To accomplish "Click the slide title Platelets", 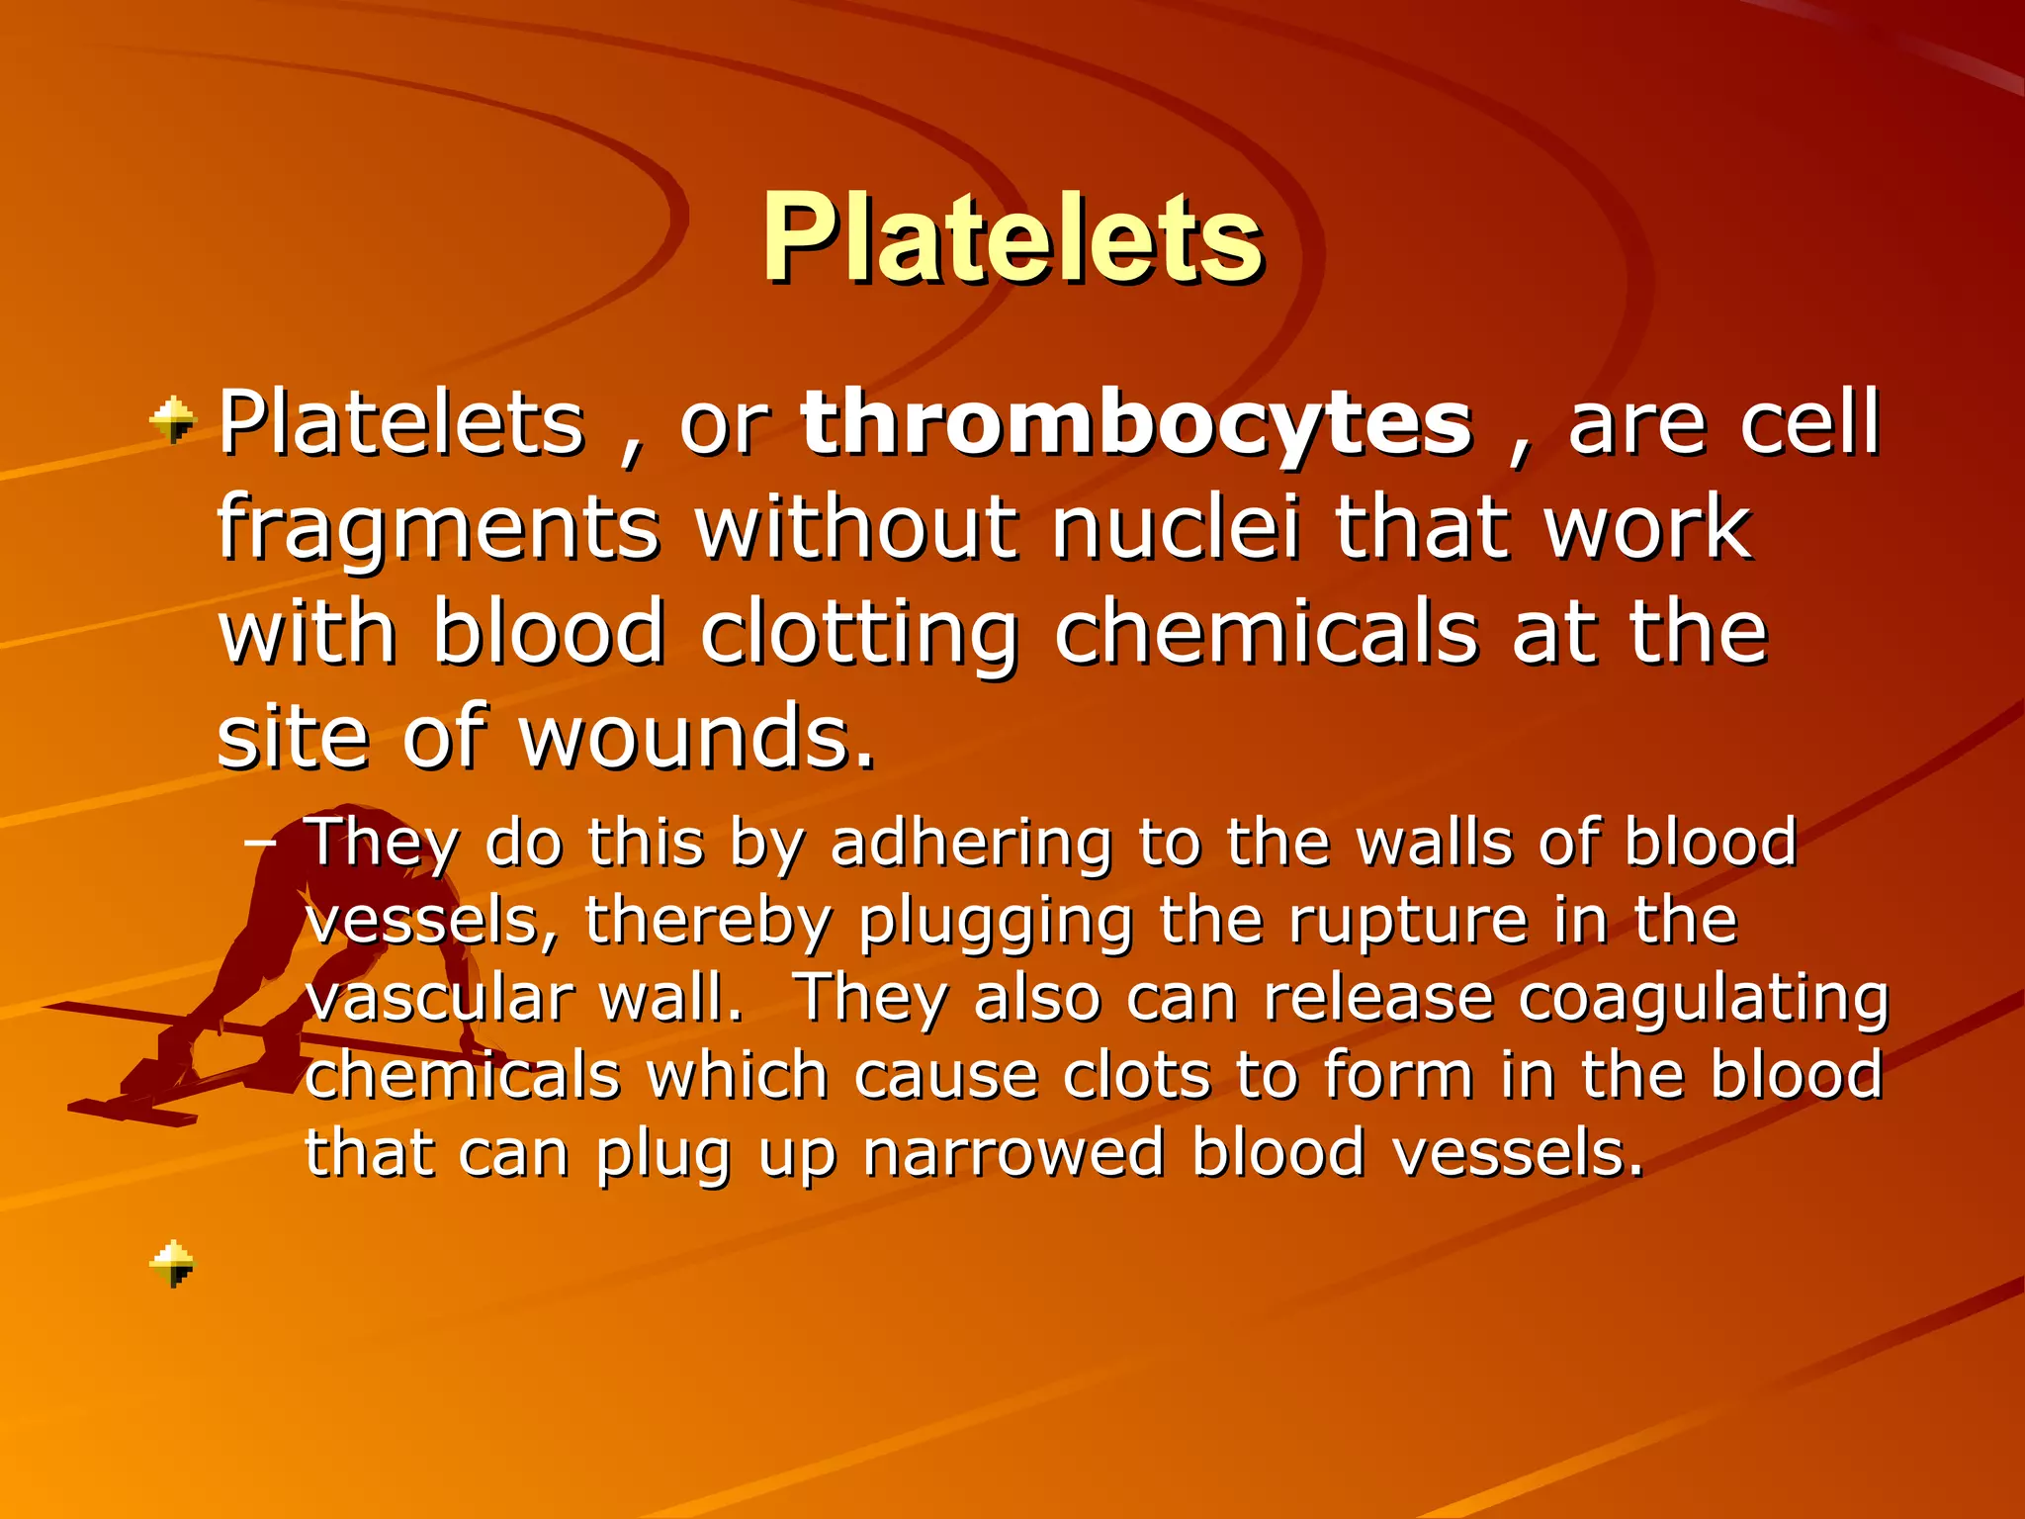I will click(1012, 240).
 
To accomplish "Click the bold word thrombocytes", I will click(1137, 425).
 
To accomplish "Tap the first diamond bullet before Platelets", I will click(173, 420).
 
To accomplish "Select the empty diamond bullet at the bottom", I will click(173, 1263).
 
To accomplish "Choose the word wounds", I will click(697, 738).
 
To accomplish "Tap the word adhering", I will click(971, 845).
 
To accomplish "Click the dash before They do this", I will click(260, 843).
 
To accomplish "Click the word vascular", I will click(440, 999).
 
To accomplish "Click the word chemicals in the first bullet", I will click(1266, 633).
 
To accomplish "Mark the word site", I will click(293, 738).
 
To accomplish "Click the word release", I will click(1378, 999).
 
